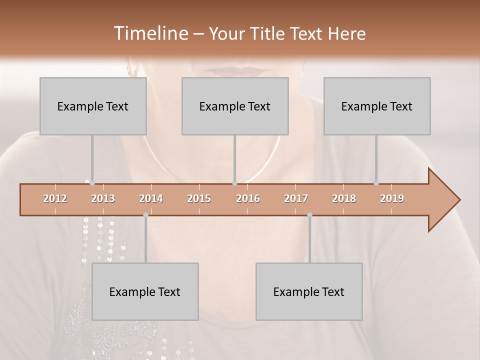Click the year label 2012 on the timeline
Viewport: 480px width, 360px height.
pyautogui.click(x=55, y=198)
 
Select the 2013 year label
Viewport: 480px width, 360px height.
pyautogui.click(x=103, y=198)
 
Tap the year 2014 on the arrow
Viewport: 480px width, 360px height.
pyautogui.click(x=151, y=198)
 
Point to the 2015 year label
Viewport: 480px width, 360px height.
pyautogui.click(x=199, y=198)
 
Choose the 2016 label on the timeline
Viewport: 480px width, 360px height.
pyautogui.click(x=248, y=198)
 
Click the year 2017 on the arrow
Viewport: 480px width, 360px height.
pyautogui.click(x=296, y=198)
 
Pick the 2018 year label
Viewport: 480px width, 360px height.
pyautogui.click(x=344, y=198)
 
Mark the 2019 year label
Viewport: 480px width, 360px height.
pyautogui.click(x=392, y=198)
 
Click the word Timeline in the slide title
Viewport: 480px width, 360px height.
pyautogui.click(x=150, y=33)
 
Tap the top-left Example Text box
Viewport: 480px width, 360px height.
pyautogui.click(x=93, y=106)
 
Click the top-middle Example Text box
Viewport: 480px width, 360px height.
pyautogui.click(x=235, y=106)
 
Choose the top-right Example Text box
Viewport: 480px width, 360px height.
pyautogui.click(x=377, y=106)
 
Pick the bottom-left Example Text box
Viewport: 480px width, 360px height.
pyautogui.click(x=145, y=291)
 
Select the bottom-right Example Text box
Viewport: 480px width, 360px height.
pyautogui.click(x=309, y=291)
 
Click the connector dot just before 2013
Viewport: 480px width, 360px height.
pyautogui.click(x=92, y=183)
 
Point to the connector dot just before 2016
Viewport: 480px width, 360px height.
pyautogui.click(x=234, y=183)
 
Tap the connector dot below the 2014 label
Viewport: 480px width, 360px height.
pyautogui.click(x=145, y=215)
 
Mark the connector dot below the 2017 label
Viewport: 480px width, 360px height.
pyautogui.click(x=309, y=215)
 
